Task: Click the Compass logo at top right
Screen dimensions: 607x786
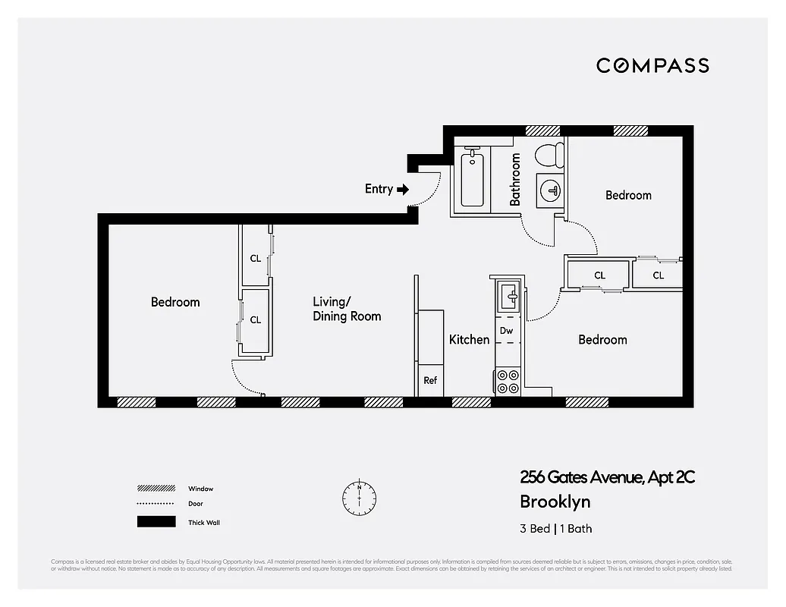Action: (x=652, y=65)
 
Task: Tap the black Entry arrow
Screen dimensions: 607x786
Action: (x=403, y=189)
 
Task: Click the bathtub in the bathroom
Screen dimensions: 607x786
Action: (x=472, y=178)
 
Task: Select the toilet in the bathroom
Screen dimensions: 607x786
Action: (x=549, y=156)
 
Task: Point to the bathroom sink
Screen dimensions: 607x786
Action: (x=550, y=190)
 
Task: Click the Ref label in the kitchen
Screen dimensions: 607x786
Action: (x=430, y=381)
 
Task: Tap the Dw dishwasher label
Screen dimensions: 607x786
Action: (x=506, y=331)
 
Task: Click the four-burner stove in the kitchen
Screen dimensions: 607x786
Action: (x=508, y=381)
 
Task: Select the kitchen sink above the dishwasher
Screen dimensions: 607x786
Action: (x=508, y=295)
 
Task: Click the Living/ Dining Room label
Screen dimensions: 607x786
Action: (x=347, y=309)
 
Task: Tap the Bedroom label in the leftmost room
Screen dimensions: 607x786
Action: (x=175, y=302)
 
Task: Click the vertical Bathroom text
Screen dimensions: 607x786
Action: (x=515, y=180)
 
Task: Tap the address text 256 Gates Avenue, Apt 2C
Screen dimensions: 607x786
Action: (x=607, y=477)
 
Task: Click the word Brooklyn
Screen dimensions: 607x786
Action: (x=555, y=502)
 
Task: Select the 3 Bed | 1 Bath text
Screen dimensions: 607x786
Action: (x=555, y=529)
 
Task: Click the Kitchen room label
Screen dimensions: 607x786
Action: (x=469, y=339)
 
